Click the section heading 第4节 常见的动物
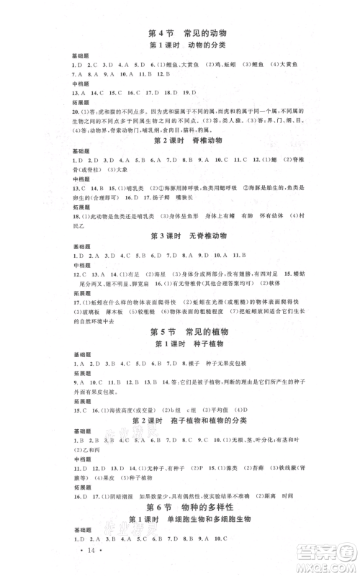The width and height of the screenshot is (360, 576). coord(180,33)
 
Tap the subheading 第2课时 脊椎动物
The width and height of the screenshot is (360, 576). coord(180,141)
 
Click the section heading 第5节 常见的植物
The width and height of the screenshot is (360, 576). coord(180,331)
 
